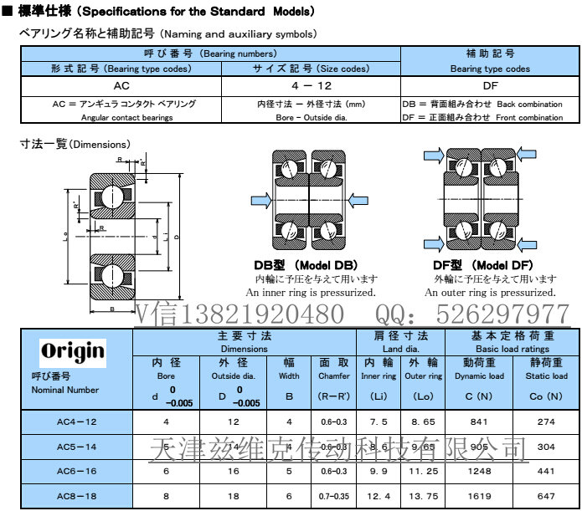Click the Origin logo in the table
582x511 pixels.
click(73, 350)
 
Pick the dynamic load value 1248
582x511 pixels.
click(479, 472)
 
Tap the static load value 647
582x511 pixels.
click(546, 496)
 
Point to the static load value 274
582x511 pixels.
click(546, 422)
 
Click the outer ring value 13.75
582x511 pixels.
click(423, 496)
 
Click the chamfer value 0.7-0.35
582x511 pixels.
click(334, 496)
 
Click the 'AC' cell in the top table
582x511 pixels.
click(121, 84)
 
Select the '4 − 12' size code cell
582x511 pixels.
click(312, 84)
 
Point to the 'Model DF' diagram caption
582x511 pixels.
click(490, 266)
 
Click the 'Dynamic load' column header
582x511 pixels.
click(479, 376)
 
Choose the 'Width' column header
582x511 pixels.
click(289, 376)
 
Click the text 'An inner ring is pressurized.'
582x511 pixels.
click(311, 293)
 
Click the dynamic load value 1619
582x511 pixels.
click(479, 496)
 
